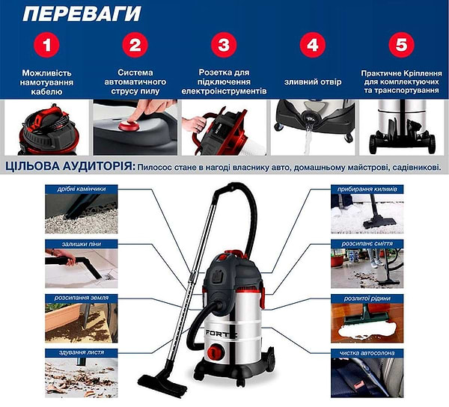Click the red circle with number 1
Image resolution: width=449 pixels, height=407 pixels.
tap(46, 45)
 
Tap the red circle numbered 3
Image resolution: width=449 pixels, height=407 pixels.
tap(224, 45)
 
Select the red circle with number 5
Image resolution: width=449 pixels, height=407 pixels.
tap(401, 45)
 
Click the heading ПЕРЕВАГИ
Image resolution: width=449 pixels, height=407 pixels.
tap(82, 13)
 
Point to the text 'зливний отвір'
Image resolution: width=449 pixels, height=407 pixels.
tap(313, 82)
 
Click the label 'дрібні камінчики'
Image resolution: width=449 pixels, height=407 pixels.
tap(82, 189)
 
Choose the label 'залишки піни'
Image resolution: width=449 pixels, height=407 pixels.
tap(82, 244)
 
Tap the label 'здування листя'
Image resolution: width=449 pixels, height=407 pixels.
tap(82, 352)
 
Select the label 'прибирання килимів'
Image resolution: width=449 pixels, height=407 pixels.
tap(367, 189)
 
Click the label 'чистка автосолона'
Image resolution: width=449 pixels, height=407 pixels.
tap(367, 353)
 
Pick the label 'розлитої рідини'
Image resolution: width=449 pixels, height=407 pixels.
tap(367, 299)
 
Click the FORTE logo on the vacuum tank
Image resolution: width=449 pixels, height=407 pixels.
tap(220, 333)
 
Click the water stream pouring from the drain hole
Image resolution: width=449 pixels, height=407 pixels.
tap(308, 140)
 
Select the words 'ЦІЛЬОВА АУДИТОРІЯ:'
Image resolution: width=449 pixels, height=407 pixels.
tap(70, 167)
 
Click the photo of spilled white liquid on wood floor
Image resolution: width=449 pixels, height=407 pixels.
tap(367, 323)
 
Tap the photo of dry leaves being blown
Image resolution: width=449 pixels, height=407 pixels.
tap(82, 377)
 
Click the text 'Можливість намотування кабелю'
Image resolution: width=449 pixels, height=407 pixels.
tap(46, 82)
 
